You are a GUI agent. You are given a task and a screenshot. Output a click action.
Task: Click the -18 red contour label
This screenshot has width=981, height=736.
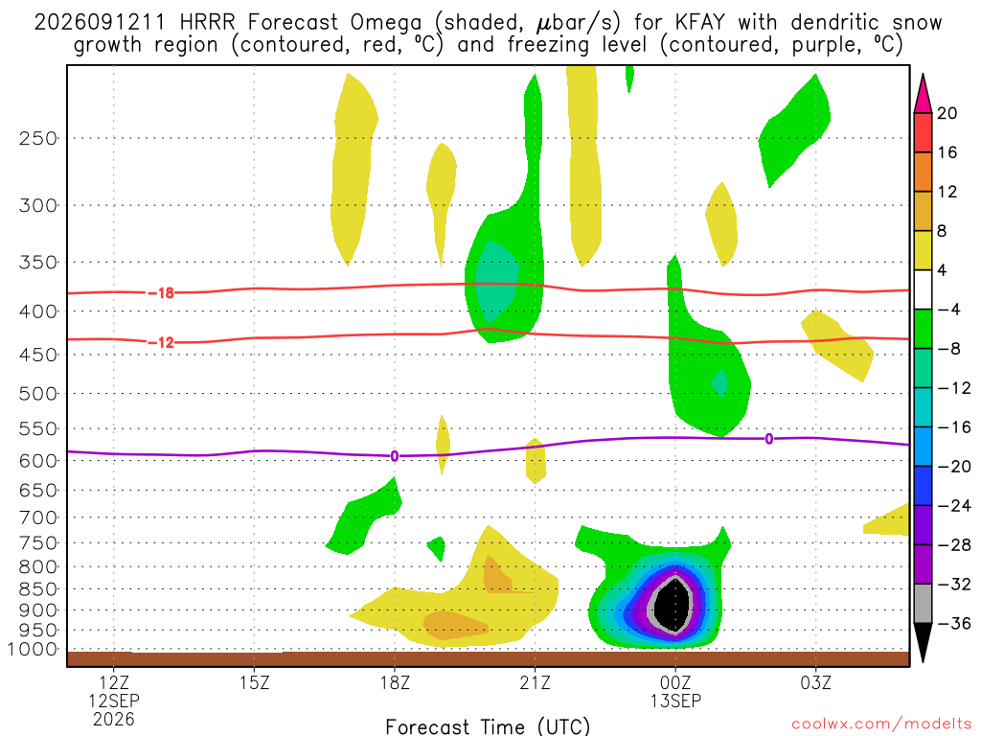point(161,293)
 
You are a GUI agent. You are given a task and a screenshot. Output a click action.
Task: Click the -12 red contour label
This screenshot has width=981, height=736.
point(161,342)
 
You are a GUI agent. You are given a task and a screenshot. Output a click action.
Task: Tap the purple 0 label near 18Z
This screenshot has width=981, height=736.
point(394,456)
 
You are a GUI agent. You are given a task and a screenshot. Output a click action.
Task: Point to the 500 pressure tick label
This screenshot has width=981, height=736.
point(38,394)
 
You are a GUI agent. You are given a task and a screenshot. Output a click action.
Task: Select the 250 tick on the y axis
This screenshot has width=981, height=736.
point(38,138)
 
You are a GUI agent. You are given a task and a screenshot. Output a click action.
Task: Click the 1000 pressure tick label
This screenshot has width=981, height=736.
point(33,649)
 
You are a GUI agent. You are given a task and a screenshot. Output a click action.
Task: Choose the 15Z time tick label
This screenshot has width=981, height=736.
point(254,682)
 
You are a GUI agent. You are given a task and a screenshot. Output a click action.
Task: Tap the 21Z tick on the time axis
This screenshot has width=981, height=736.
point(535,682)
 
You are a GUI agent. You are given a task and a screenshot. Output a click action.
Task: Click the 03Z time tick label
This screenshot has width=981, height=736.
point(816,682)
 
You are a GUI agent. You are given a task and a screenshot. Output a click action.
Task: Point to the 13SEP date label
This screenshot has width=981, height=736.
point(675,701)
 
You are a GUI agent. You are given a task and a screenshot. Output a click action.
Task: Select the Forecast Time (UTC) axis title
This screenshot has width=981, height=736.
point(488,726)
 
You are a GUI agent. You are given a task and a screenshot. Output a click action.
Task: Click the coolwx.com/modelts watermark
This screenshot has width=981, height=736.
point(881,724)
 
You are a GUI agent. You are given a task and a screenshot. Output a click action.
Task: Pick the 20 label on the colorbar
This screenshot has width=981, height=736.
point(947,113)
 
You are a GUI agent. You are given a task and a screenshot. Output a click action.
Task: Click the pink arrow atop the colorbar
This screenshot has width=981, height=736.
point(923,95)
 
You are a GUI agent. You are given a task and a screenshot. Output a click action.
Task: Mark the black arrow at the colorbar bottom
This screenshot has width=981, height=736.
point(923,642)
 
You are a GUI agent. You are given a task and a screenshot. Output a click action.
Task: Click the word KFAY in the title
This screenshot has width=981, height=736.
point(699,23)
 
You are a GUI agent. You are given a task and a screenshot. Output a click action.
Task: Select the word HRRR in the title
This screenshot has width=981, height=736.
point(207,23)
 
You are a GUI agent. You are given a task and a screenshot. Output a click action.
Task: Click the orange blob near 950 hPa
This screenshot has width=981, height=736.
point(455,625)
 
